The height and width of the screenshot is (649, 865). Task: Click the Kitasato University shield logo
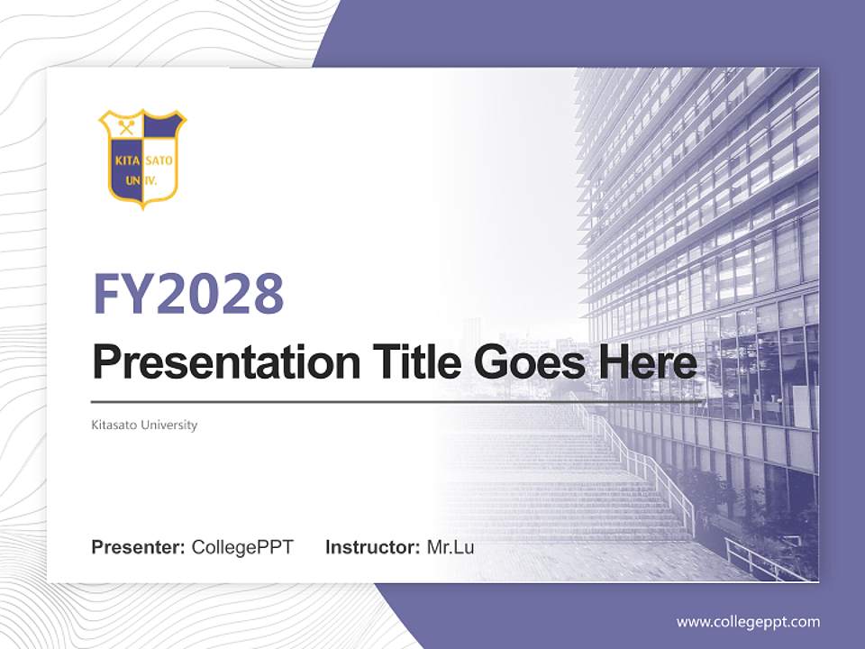click(141, 158)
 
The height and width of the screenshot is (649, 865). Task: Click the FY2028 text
click(188, 293)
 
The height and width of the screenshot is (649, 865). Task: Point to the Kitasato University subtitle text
click(144, 425)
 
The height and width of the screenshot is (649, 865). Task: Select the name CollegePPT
click(242, 547)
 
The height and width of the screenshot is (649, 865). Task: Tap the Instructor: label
click(372, 547)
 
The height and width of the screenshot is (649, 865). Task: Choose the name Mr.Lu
click(450, 547)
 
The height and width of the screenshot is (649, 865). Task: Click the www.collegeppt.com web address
click(748, 622)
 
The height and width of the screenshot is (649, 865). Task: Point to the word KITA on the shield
click(126, 162)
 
